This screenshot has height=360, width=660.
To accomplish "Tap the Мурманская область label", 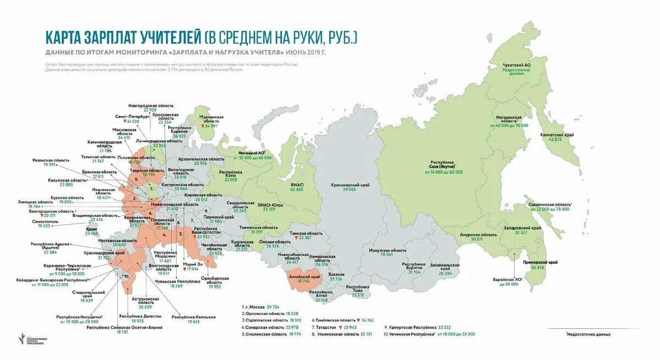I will point(211,119).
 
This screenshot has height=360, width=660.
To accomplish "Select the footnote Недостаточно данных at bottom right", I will point(589,334).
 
